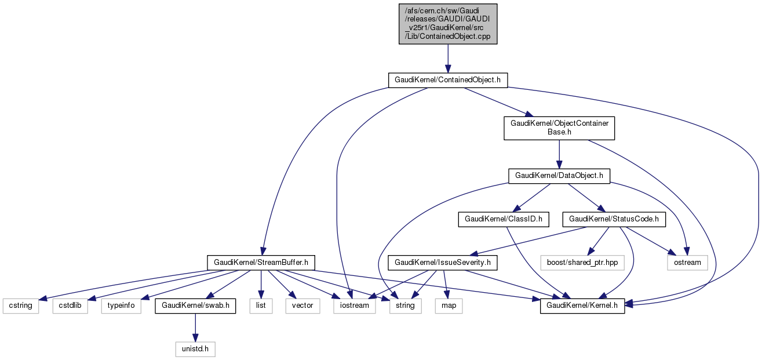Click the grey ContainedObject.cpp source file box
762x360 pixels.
(x=447, y=23)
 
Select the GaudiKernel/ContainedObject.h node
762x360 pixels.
(x=447, y=80)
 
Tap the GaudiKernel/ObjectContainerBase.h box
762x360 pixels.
(x=559, y=128)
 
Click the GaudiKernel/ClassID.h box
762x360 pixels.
(x=503, y=219)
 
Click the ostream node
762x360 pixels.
(x=688, y=263)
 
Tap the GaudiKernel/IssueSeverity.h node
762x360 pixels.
(x=443, y=263)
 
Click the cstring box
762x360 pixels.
(x=21, y=306)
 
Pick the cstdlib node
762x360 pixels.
(x=70, y=306)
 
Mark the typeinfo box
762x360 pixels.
(x=121, y=306)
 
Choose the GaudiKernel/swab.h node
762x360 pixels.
(x=195, y=306)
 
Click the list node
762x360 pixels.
(x=261, y=306)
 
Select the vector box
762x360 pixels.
(x=302, y=306)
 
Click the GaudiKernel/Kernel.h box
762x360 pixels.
(x=582, y=306)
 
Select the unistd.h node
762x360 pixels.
(x=195, y=349)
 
